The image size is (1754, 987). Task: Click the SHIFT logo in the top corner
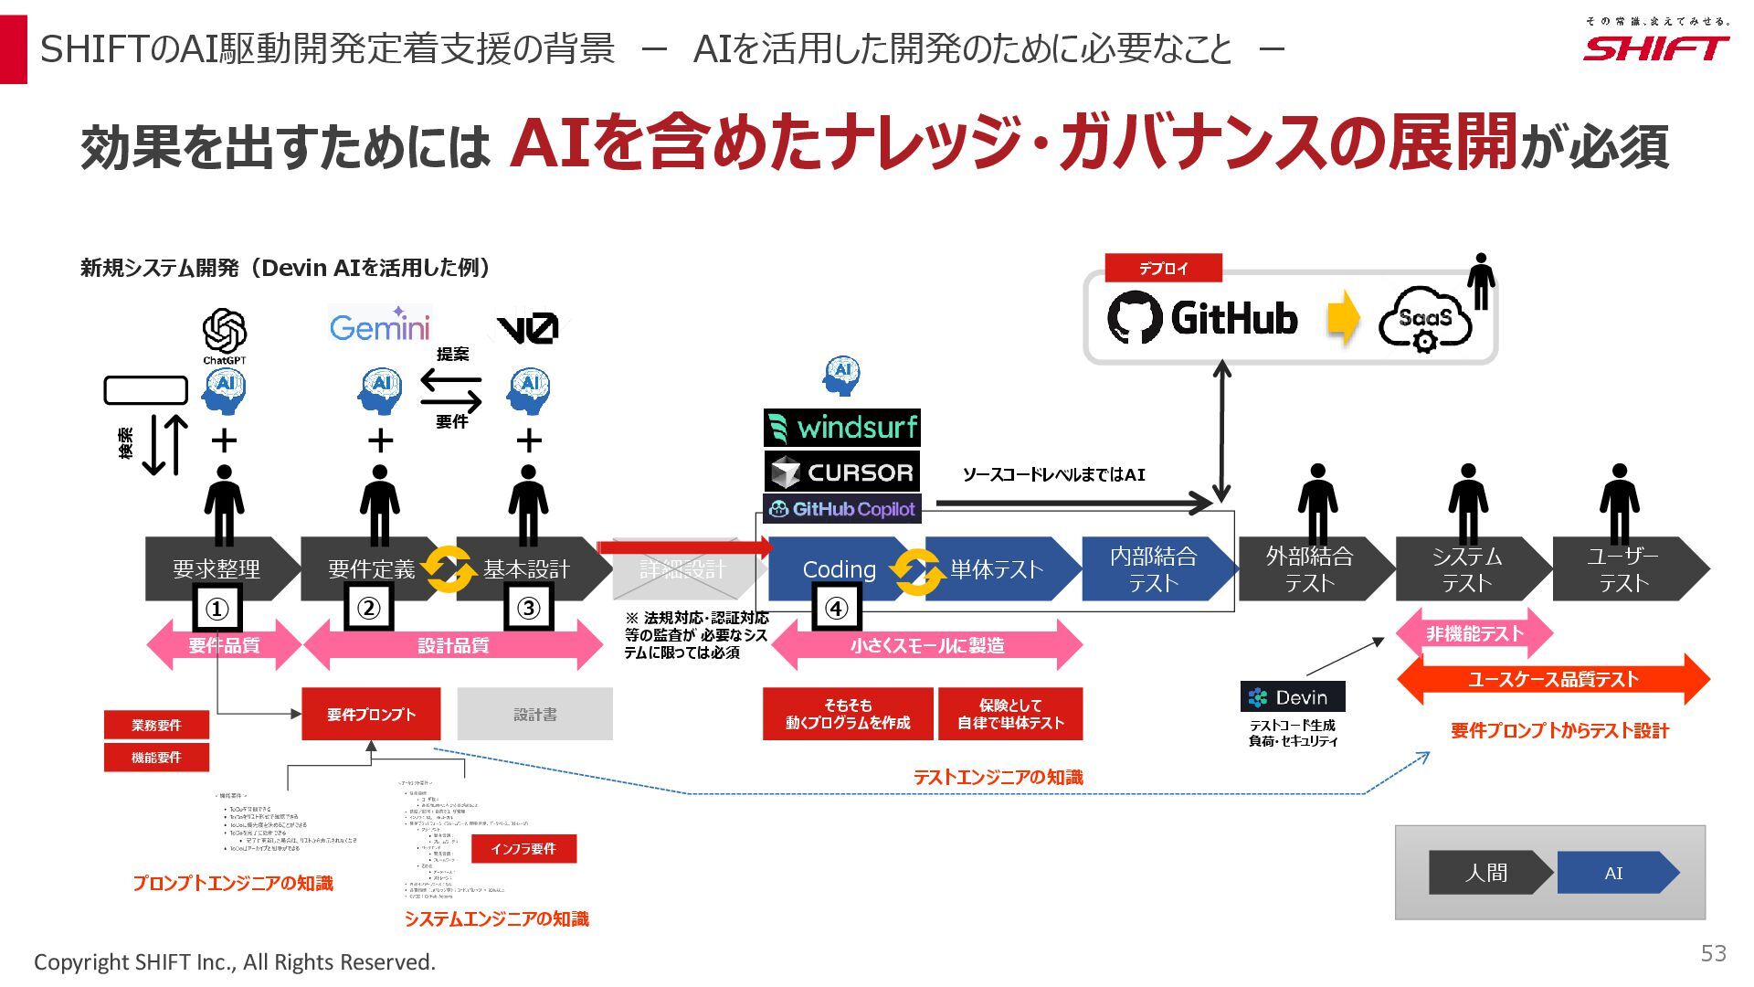coord(1655,48)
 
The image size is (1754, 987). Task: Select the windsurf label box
coord(841,428)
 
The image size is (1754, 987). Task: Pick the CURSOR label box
coord(841,472)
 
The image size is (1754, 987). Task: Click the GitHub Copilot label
coord(841,509)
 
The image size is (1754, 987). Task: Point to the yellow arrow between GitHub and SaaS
coord(1342,318)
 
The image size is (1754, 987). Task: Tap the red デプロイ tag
coord(1163,269)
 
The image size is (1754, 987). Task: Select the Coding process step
coord(839,569)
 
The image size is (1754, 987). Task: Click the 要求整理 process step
coord(217,569)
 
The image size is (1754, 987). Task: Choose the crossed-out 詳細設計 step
coord(683,569)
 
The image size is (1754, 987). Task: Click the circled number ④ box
coord(837,609)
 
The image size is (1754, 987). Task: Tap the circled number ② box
coord(368,609)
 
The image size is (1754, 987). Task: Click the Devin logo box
coord(1292,697)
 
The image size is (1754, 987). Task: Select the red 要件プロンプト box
coord(371,714)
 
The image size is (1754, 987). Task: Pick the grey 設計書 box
coord(534,714)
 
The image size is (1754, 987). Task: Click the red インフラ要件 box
coord(523,849)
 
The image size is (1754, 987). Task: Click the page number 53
coord(1713,954)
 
